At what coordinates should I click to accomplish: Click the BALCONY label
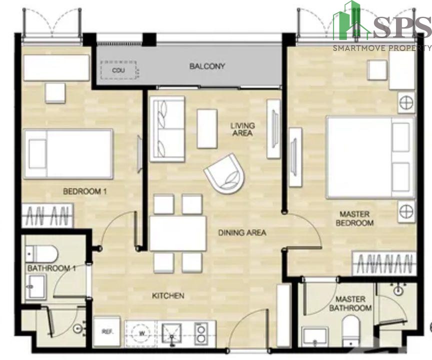tap(207, 66)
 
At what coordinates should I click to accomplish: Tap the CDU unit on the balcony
tap(118, 70)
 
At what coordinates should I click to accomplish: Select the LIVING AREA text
tap(242, 129)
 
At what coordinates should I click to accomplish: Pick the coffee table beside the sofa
tap(207, 128)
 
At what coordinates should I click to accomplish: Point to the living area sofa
tap(167, 129)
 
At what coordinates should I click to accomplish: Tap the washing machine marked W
tap(142, 333)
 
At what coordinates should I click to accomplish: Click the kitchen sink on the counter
tap(171, 334)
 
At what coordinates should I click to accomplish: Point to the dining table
tap(178, 233)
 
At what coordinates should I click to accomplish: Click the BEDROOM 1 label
tap(85, 191)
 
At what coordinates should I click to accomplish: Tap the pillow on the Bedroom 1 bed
tap(37, 154)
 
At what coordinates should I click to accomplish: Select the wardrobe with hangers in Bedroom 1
tap(47, 215)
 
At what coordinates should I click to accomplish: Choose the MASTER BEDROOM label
tap(354, 218)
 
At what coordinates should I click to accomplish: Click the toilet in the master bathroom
tap(350, 331)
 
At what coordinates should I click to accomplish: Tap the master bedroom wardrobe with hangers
tap(384, 263)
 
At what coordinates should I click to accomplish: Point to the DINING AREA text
tap(242, 232)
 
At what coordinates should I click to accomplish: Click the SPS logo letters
tap(401, 27)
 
